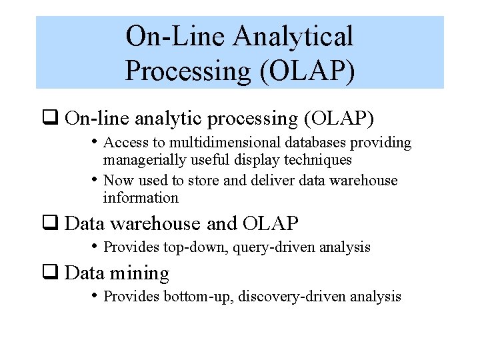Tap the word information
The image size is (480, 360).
click(141, 198)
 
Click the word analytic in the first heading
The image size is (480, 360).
click(169, 119)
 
